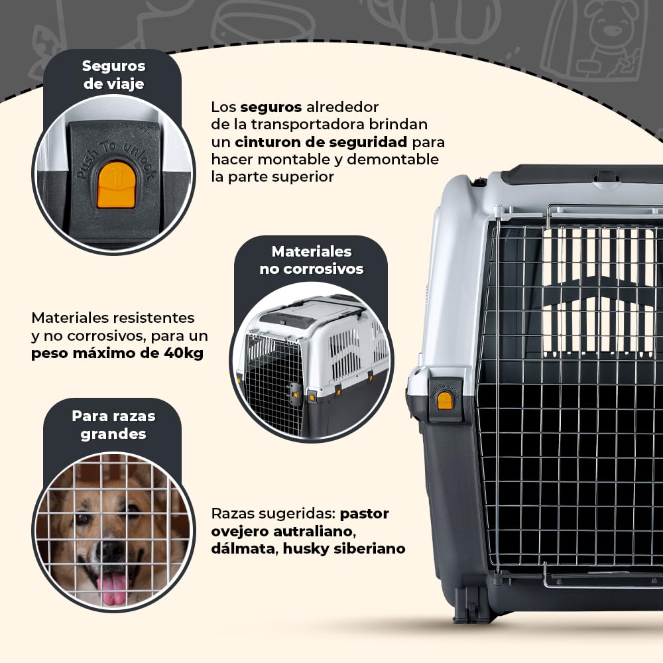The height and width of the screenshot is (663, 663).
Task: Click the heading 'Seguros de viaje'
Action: pos(113,75)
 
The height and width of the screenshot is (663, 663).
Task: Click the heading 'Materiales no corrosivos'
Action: pos(311,260)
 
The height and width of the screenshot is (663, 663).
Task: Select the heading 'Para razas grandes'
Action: pos(113,424)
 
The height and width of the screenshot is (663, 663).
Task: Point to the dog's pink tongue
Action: pos(111,589)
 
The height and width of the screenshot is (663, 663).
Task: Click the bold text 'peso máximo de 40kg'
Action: pos(117,353)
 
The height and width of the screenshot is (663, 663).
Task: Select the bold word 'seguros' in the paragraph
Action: pos(271,107)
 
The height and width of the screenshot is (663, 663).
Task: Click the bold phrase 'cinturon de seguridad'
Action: pos(321,142)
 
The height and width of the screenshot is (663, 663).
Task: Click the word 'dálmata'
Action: pos(245,548)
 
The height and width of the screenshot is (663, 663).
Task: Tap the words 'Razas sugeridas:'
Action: pos(273,514)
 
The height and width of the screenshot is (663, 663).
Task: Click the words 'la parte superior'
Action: pos(272,177)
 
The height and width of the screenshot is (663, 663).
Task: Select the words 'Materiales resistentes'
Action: pos(113,318)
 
